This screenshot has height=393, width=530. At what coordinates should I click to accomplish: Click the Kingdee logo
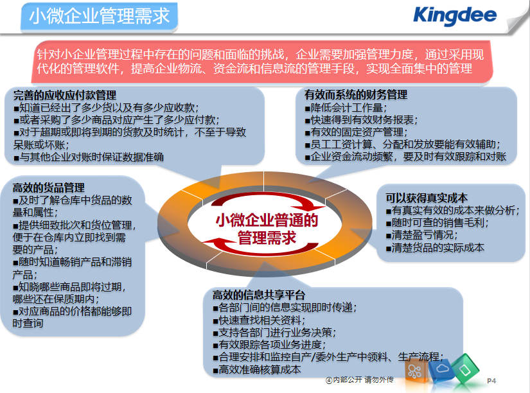click(455, 15)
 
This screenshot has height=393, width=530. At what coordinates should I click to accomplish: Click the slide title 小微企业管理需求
click(100, 16)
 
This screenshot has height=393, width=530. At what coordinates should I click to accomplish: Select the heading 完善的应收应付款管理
click(64, 95)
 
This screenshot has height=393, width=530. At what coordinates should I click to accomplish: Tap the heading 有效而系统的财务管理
click(356, 94)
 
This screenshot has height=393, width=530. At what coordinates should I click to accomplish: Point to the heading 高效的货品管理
click(48, 188)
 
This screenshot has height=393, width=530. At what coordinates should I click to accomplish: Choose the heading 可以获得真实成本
click(427, 198)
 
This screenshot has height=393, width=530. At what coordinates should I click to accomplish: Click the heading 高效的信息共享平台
click(259, 295)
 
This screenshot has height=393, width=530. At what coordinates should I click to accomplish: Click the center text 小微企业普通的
click(267, 220)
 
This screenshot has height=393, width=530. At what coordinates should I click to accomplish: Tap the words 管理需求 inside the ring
click(267, 237)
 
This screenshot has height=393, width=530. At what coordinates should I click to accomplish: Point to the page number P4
click(491, 381)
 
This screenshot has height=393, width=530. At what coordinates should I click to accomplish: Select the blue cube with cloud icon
click(441, 369)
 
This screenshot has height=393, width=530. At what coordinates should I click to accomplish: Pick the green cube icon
click(466, 369)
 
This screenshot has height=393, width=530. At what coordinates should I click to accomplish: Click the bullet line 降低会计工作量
click(346, 108)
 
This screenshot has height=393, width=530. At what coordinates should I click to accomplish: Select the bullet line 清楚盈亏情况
click(422, 235)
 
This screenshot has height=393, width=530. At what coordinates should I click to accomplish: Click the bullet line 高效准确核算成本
click(257, 369)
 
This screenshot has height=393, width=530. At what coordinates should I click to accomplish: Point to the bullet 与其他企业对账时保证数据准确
click(89, 157)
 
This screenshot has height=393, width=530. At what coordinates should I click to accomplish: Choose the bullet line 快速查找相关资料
click(259, 320)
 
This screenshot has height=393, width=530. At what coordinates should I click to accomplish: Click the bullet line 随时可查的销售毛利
click(437, 223)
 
